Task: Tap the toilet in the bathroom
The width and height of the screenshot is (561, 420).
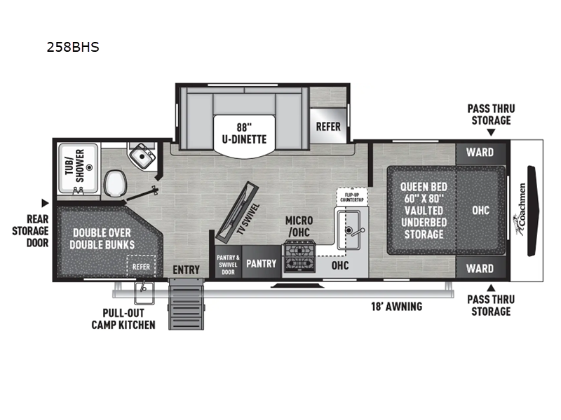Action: coord(114,184)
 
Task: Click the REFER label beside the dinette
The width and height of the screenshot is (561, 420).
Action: coord(328,127)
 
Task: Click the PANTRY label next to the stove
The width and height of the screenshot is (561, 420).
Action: coord(261,264)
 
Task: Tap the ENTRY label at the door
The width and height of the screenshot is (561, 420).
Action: coord(186,269)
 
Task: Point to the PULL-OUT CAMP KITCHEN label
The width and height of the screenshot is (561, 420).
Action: coord(123,320)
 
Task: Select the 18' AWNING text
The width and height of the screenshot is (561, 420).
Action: coord(396,306)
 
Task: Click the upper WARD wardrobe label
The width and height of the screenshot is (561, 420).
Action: coord(480,152)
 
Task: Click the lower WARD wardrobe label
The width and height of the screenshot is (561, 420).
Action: coord(480,268)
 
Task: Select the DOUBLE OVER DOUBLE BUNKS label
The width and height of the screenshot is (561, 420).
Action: coord(102,239)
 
